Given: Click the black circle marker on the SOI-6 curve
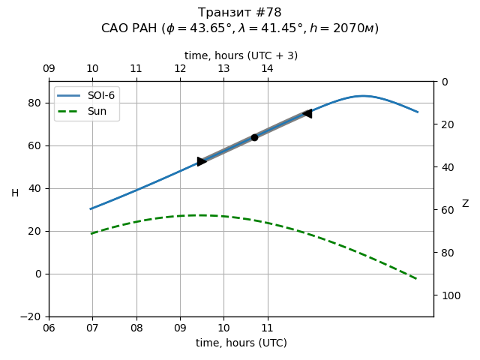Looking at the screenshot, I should pos(254,137).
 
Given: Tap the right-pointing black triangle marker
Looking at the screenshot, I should pos(202,161).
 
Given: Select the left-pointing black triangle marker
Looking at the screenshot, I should pos(307,113).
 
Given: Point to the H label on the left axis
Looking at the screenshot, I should pos(15,193).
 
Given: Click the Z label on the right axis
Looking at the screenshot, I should pos(465,204).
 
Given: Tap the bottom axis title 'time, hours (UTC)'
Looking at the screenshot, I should pos(241,343).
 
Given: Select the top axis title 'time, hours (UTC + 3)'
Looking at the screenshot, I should pos(241,55).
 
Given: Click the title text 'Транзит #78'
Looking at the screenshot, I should pos(240,13).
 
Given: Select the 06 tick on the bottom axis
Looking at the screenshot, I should pos(49,328).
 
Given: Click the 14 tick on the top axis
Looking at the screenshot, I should pos(267,69).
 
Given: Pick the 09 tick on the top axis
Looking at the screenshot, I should pos(49,69).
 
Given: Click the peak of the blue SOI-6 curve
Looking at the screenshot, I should pos(362,96).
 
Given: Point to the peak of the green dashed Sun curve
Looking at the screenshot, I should pos(199,215).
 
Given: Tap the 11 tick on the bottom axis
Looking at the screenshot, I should pos(267,328).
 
